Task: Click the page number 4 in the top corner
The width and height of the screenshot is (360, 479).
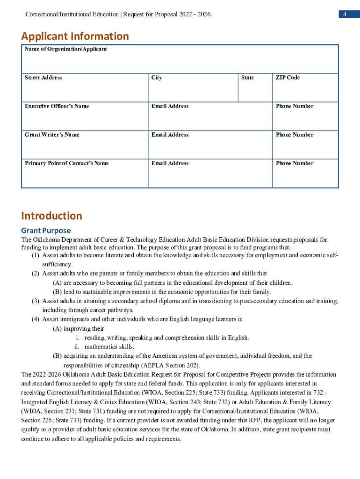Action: [344, 15]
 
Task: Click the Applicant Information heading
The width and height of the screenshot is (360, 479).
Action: [75, 36]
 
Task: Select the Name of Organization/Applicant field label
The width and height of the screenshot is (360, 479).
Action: [65, 49]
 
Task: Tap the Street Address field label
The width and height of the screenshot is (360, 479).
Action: [43, 78]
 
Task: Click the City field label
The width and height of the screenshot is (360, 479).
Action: [157, 78]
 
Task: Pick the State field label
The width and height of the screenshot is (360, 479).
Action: [247, 78]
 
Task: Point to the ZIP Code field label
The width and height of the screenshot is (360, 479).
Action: [288, 78]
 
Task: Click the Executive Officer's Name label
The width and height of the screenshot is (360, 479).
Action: [57, 106]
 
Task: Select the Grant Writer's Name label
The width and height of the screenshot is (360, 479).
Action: [52, 135]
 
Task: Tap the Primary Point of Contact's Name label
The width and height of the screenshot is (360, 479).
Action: [66, 163]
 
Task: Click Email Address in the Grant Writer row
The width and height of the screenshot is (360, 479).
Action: [170, 135]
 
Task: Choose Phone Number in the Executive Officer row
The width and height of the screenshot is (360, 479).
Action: [295, 106]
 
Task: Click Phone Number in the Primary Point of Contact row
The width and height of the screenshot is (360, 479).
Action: [295, 163]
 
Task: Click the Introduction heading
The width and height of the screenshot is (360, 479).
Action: [51, 216]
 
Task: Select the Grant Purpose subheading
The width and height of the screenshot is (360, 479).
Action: [46, 231]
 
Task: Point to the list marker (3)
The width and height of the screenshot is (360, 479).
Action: [36, 301]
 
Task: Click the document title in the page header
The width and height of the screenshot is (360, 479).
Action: [118, 15]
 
